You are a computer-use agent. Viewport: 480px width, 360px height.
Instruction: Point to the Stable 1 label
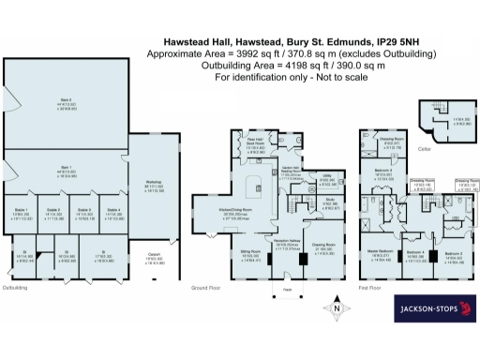[21, 210]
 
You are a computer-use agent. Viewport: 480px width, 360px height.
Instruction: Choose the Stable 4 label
[113, 210]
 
